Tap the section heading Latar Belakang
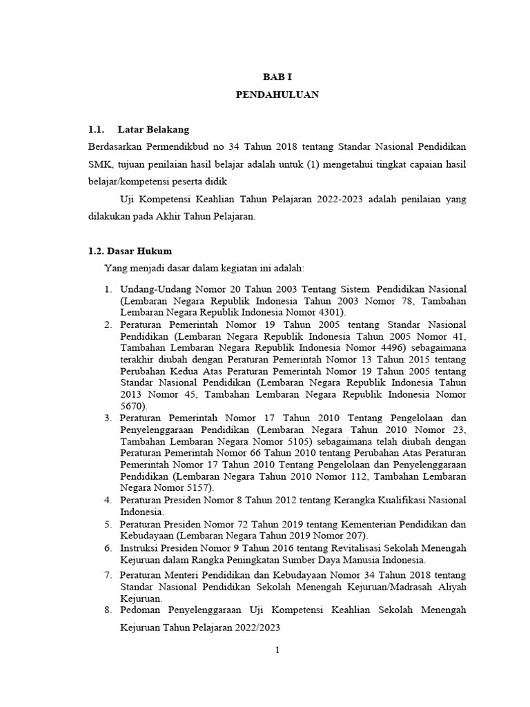tap(153, 129)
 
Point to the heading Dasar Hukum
tap(139, 251)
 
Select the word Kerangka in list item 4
tap(328, 500)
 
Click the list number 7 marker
tap(108, 575)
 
